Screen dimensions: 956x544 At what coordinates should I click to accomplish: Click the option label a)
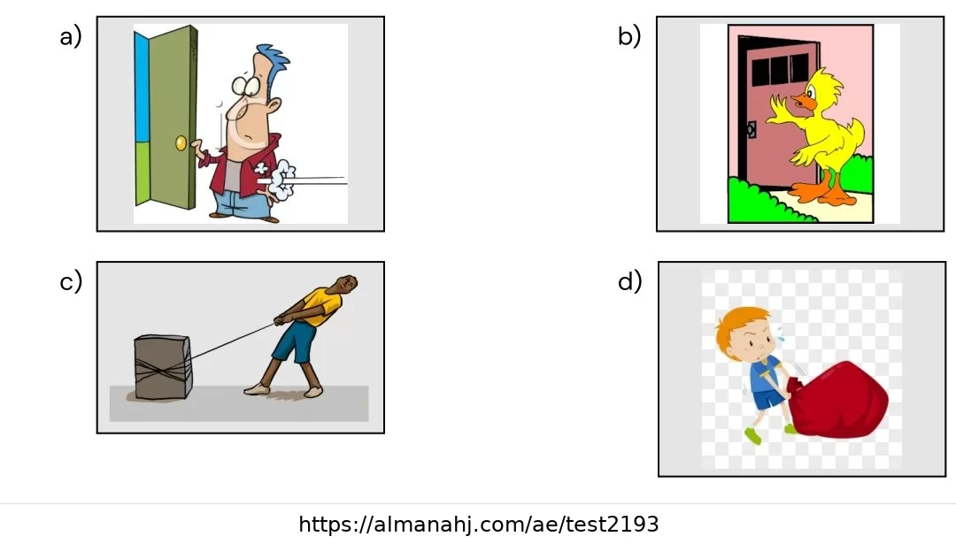70,36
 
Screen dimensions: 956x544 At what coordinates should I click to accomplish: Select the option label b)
629,36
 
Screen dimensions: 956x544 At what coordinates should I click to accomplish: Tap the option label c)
71,282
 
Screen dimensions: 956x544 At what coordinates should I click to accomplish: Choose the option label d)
630,281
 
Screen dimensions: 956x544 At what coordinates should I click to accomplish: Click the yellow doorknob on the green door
181,143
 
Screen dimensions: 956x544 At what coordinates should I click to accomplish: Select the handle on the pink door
751,130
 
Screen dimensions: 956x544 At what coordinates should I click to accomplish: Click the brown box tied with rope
163,367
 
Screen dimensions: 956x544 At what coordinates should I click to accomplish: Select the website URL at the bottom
479,525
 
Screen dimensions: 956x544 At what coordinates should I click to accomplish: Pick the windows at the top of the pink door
780,70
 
